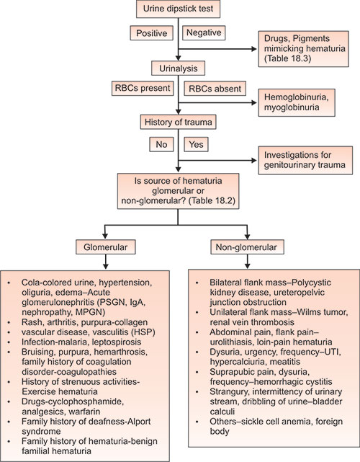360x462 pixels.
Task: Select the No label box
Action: [161, 144]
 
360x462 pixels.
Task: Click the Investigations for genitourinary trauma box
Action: [303, 159]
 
